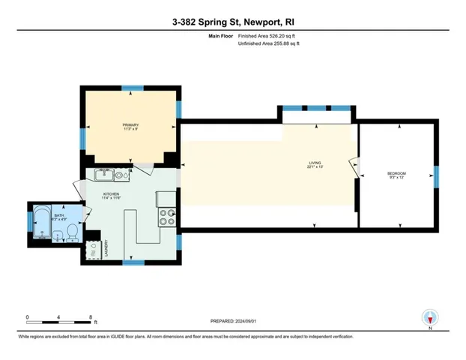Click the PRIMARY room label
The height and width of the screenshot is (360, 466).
131,126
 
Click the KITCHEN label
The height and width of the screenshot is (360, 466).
112,195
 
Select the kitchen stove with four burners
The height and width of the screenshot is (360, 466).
167,217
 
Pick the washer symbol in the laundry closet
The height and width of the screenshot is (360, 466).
93,246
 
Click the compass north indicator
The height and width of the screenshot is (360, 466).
429,317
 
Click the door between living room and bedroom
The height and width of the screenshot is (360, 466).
355,166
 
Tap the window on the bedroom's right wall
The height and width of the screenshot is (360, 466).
436,176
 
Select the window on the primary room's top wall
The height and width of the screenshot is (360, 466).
132,87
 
